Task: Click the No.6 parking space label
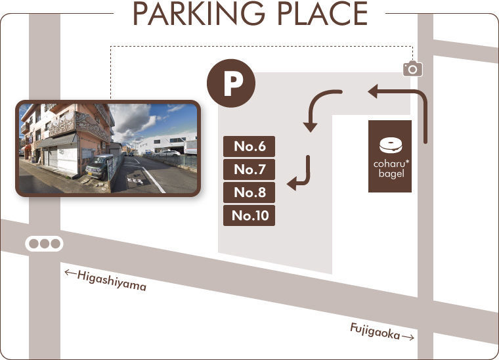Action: click(x=249, y=146)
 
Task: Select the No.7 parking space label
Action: click(x=249, y=169)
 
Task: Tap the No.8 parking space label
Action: click(x=249, y=192)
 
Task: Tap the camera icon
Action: click(x=412, y=68)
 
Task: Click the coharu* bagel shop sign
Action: click(x=390, y=156)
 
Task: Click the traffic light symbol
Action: click(x=44, y=244)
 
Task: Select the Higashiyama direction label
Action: click(x=111, y=281)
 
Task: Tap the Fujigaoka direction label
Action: click(x=375, y=330)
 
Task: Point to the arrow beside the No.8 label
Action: click(x=301, y=173)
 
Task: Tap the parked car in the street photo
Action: click(x=100, y=167)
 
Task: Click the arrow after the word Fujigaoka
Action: click(x=408, y=337)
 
